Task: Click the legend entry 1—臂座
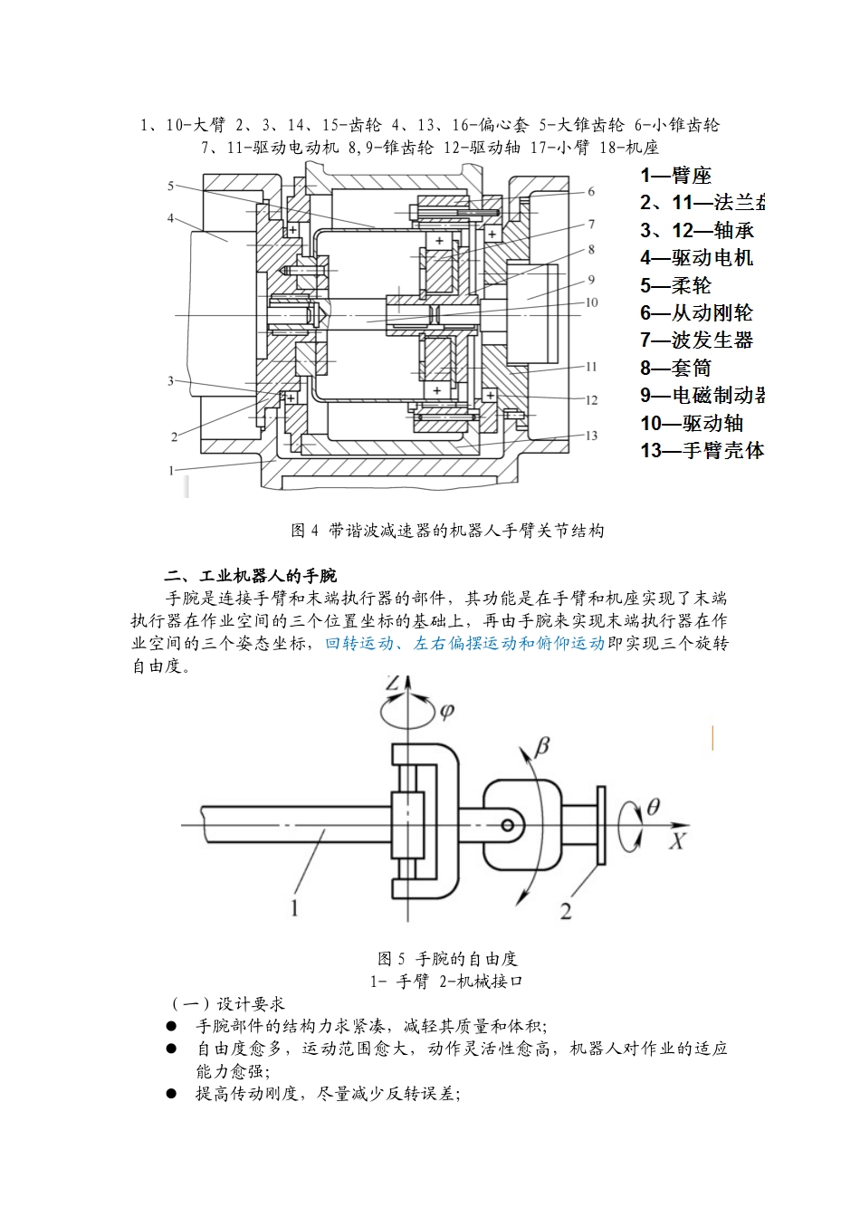675,176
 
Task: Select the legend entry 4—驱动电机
696,258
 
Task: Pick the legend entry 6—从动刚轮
696,313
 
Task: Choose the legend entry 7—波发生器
696,340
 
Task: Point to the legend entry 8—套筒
675,369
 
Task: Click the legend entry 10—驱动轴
692,423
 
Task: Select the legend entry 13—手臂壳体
702,450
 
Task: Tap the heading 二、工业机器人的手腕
251,576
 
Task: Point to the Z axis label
391,683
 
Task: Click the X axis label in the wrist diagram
676,841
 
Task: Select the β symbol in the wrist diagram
542,745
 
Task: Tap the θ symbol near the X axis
653,805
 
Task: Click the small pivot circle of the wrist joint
508,824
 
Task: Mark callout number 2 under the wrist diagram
566,912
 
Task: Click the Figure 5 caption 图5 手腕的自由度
447,958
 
